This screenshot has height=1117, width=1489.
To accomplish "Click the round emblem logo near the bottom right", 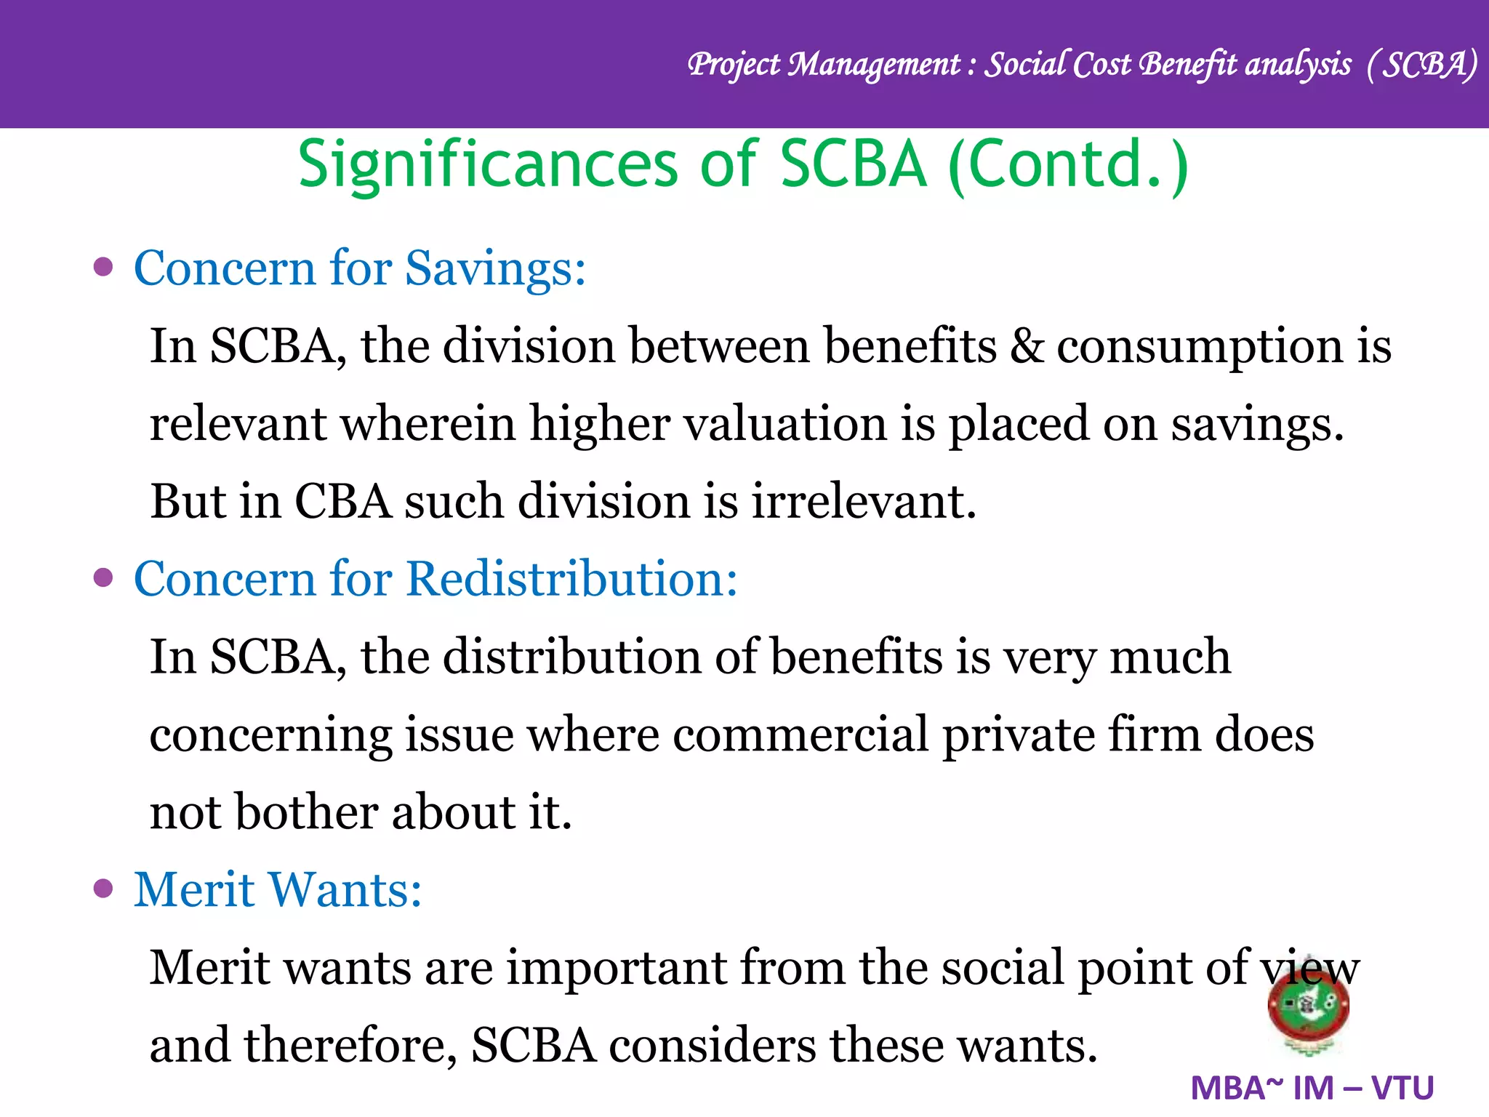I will tap(1308, 1006).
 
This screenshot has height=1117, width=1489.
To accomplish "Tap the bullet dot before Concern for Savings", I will tap(104, 267).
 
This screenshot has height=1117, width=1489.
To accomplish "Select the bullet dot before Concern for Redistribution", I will tap(104, 577).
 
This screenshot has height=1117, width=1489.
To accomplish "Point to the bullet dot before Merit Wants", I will tap(104, 888).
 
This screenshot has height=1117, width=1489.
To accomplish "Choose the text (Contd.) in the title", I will tap(1069, 165).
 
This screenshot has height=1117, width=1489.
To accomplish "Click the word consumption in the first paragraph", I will tap(1199, 347).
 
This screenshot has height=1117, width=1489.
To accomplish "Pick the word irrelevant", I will tap(863, 501).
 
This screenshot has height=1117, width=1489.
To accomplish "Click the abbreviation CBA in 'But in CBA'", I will tap(342, 501).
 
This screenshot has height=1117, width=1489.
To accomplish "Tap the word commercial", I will tap(800, 734).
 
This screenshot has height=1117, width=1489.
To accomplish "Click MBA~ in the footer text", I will tap(1237, 1089).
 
